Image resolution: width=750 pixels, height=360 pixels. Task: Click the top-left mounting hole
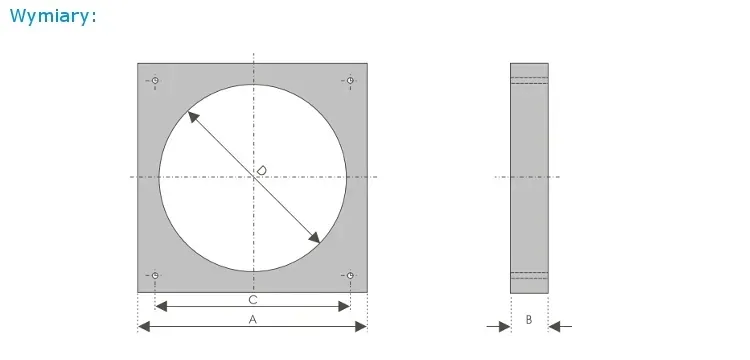point(156,80)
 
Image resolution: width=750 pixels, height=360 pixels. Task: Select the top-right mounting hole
point(350,80)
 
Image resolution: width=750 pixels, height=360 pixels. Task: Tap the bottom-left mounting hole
point(156,275)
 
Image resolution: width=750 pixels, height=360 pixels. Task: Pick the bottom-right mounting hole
point(350,275)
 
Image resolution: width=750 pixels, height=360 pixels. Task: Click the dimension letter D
point(260,171)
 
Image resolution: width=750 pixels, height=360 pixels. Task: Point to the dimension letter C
point(253,299)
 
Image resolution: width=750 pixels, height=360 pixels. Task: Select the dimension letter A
point(253,319)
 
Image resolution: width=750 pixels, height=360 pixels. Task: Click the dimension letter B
point(529,319)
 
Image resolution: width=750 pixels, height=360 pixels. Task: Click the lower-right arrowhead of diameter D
point(314,237)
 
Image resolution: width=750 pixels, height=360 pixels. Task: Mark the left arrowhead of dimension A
point(144,326)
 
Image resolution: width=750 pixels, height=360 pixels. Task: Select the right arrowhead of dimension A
point(361,326)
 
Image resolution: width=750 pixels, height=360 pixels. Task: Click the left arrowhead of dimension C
point(162,306)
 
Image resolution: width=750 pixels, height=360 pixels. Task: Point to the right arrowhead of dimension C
point(344,306)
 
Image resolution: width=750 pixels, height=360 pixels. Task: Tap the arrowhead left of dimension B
point(504,326)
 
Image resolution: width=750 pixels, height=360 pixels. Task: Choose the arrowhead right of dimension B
point(555,326)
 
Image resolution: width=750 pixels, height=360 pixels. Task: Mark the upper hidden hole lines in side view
point(529,80)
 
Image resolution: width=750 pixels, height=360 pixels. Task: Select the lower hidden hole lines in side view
point(529,275)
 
